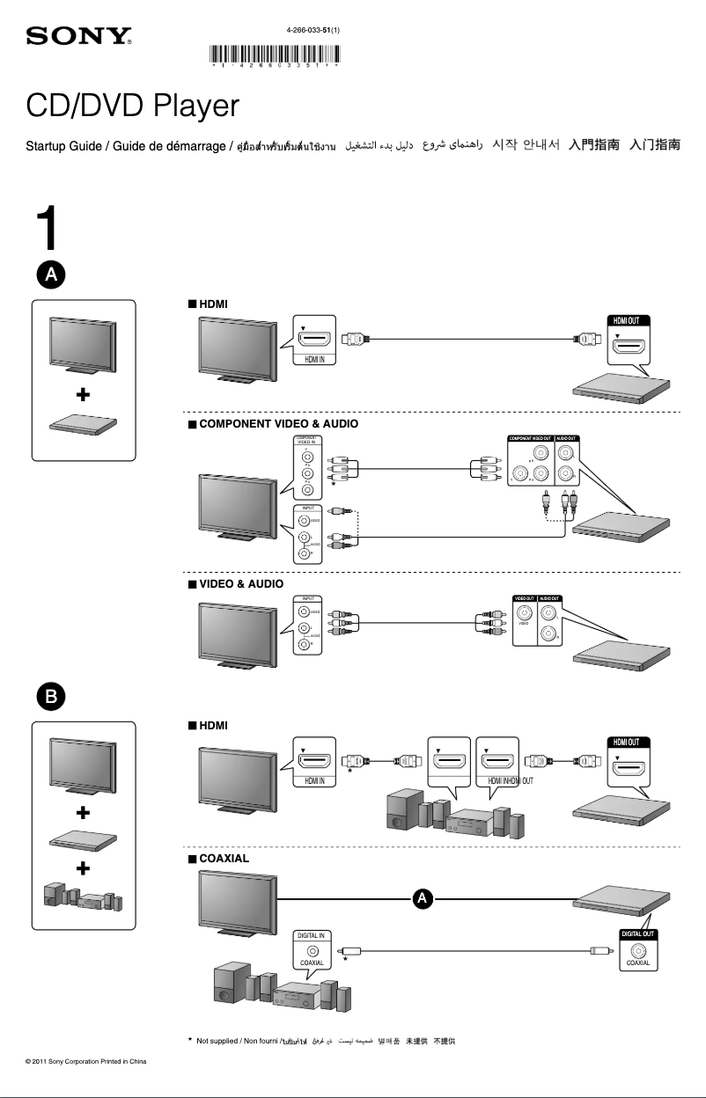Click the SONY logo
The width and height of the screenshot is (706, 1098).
(79, 37)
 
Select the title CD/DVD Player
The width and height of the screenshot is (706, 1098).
(132, 106)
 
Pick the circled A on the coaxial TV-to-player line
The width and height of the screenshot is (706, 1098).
(423, 898)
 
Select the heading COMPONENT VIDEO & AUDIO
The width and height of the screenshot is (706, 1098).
(278, 423)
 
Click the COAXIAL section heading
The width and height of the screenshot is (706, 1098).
(224, 858)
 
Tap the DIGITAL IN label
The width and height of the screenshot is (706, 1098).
(312, 935)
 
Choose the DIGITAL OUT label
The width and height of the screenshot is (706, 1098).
(637, 933)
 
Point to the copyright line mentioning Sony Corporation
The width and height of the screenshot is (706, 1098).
(85, 1061)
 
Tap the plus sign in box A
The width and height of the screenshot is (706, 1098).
(83, 396)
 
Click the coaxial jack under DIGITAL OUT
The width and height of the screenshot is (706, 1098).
(637, 950)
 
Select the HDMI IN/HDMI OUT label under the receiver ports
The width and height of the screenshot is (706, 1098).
(504, 780)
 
